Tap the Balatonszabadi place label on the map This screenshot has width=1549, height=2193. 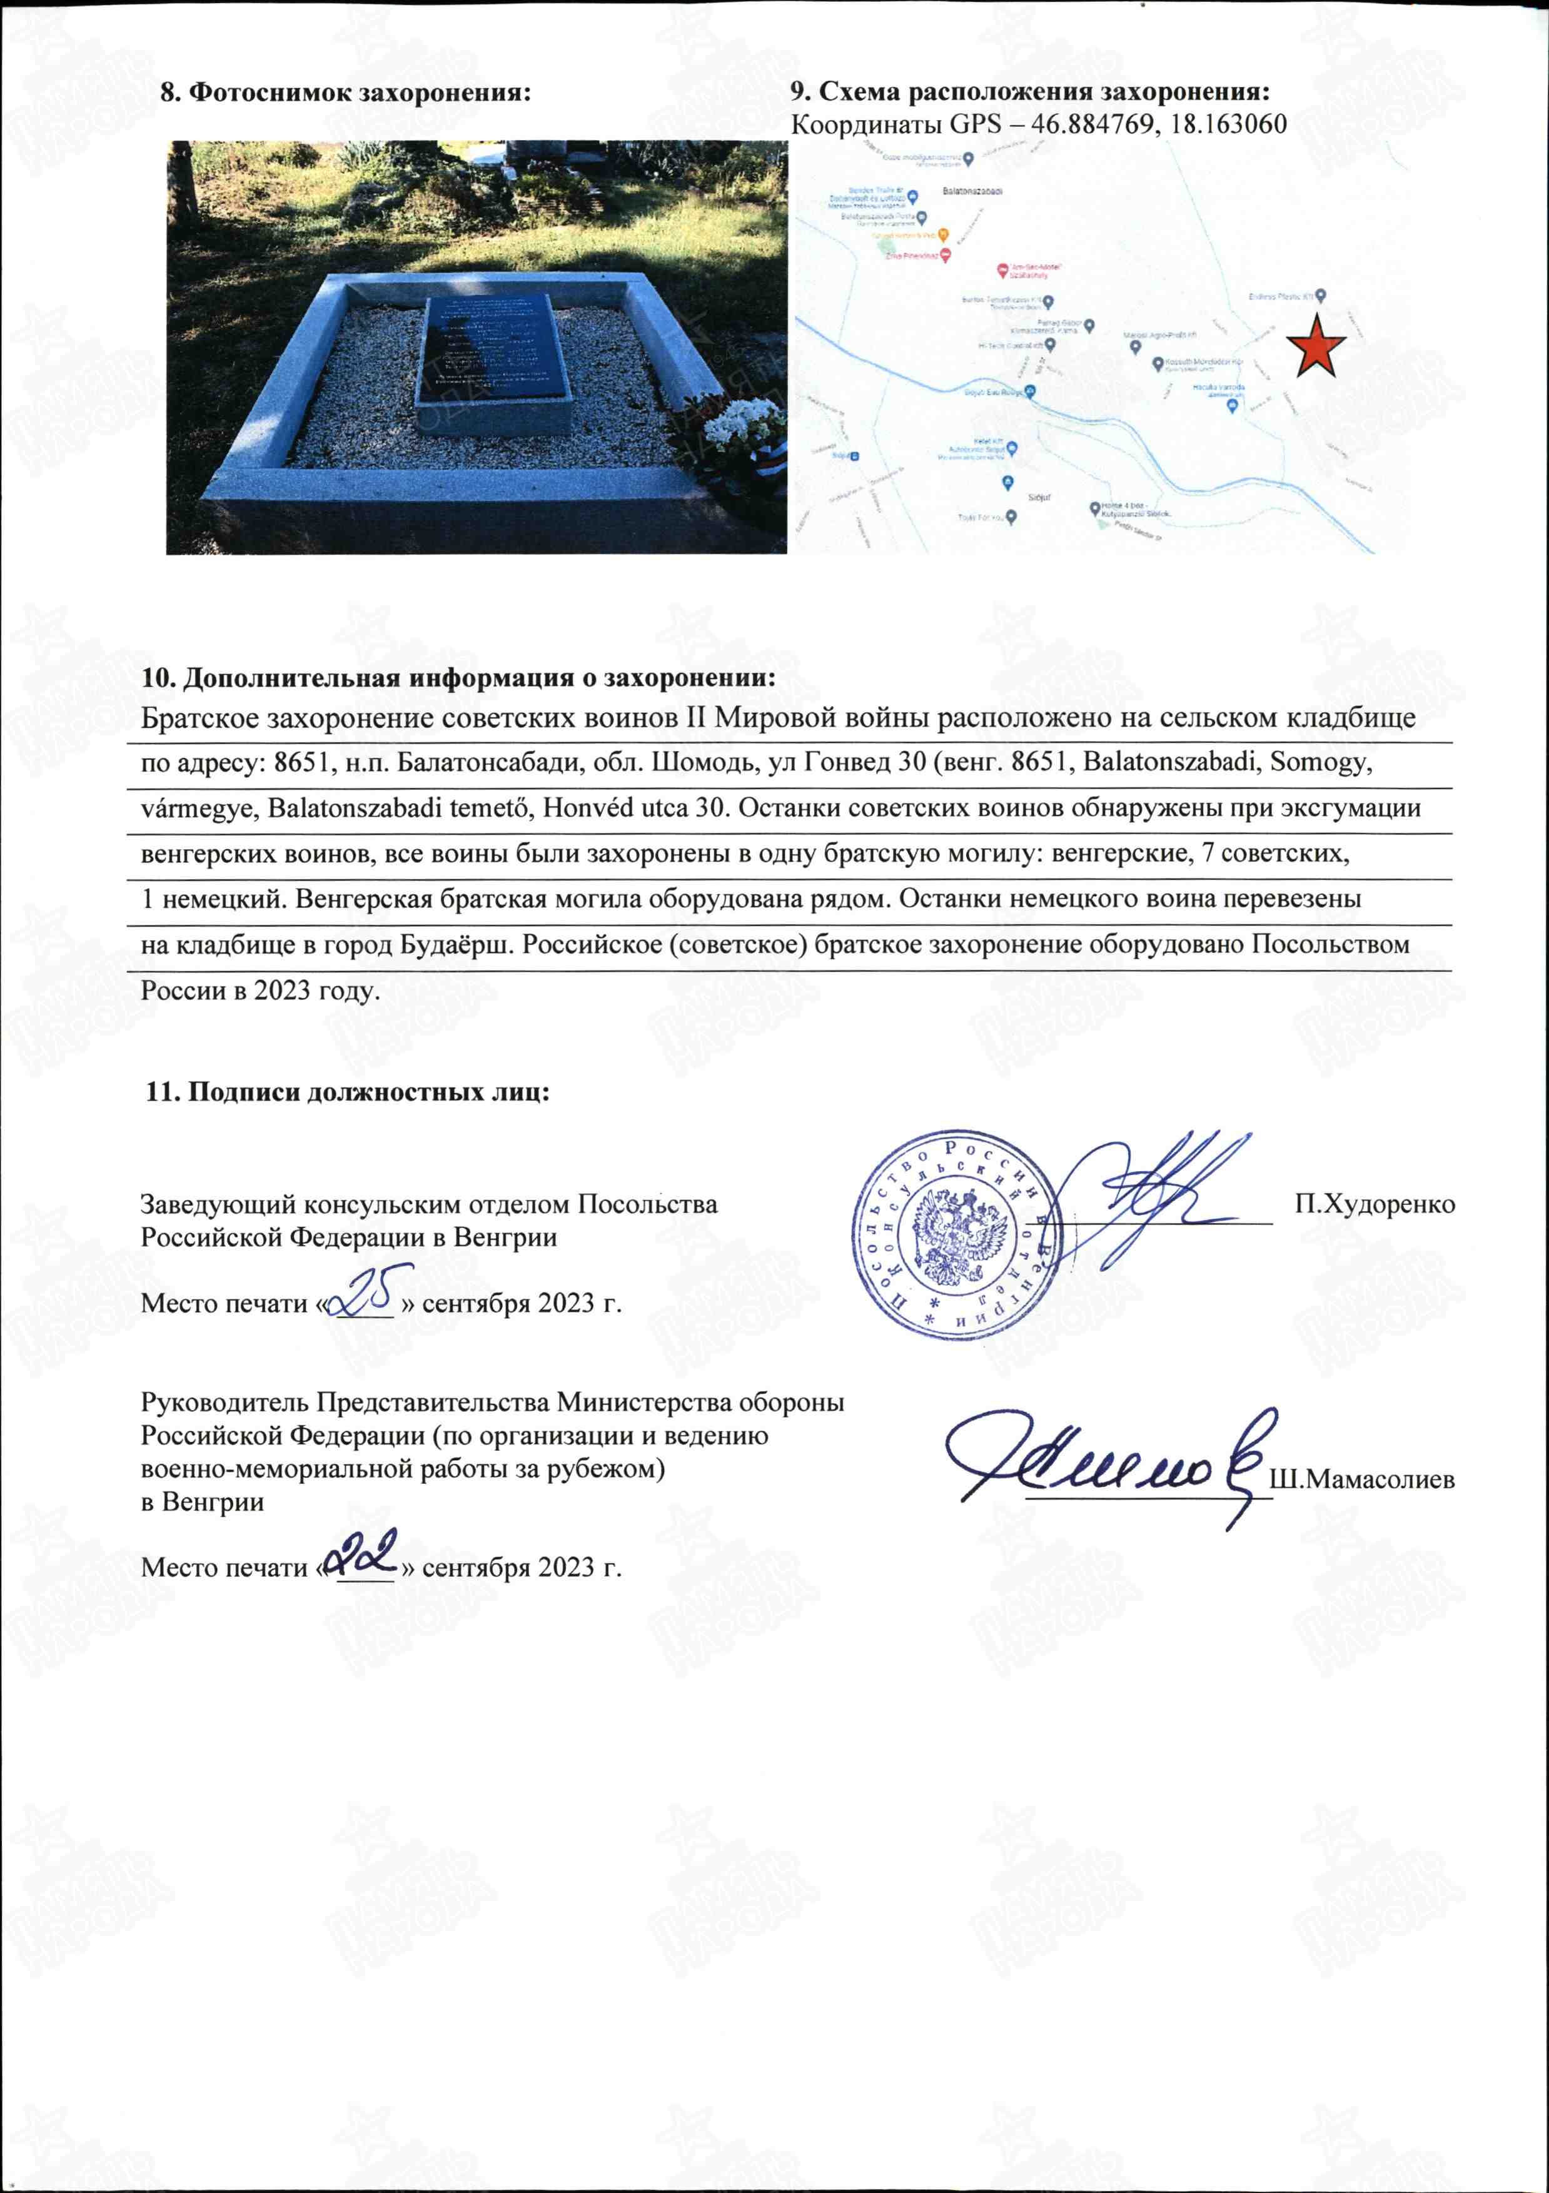click(972, 191)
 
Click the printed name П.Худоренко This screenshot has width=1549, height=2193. click(1375, 1204)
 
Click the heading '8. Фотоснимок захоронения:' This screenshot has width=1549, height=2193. click(345, 93)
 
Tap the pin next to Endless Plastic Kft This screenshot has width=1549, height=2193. click(1322, 296)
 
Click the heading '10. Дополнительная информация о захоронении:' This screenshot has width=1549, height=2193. click(458, 678)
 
